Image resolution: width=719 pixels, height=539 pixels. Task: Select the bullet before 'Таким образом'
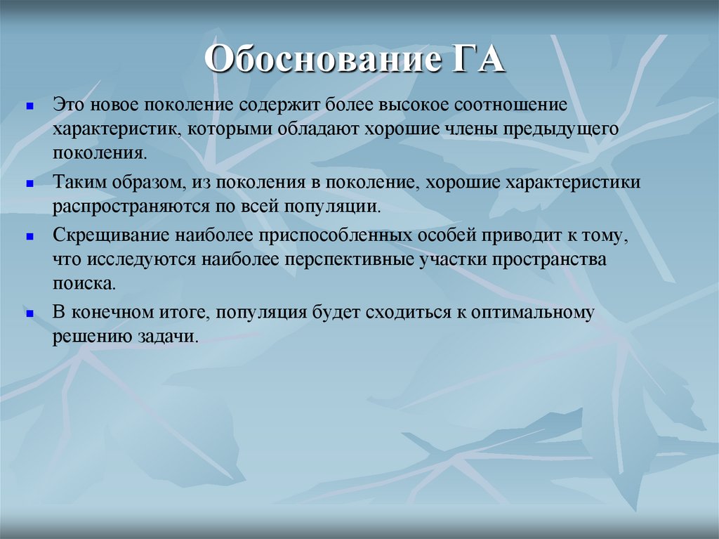click(30, 183)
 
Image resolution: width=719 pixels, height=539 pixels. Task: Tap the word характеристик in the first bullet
click(116, 129)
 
